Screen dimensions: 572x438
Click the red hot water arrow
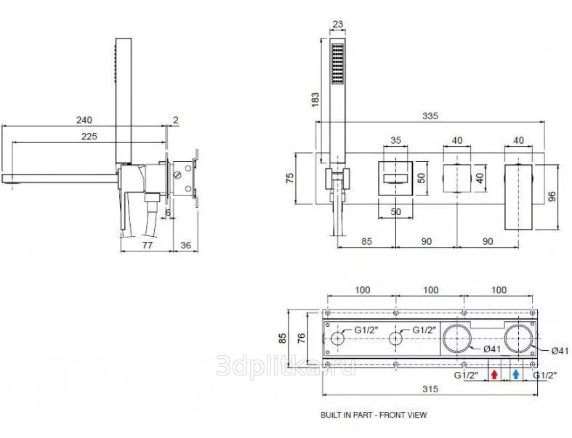(494, 375)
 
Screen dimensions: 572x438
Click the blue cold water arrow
(516, 375)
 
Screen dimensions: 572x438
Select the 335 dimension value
(430, 116)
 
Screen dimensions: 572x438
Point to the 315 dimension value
(430, 389)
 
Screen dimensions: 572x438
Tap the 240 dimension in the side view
(84, 120)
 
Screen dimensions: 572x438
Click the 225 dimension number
(89, 136)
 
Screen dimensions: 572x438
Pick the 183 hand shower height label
(315, 100)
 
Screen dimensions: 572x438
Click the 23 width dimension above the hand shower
(338, 25)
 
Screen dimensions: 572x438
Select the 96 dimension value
(552, 197)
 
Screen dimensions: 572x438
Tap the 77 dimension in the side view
(148, 245)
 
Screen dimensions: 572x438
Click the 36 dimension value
(185, 245)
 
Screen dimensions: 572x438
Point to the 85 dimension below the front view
(366, 241)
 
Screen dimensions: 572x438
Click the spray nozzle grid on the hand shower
(337, 65)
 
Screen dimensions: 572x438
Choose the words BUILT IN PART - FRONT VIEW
(374, 415)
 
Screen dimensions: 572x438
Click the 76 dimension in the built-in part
(302, 338)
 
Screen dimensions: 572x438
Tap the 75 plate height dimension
(290, 179)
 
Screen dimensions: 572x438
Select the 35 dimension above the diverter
(396, 140)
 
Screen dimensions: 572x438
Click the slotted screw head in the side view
(178, 175)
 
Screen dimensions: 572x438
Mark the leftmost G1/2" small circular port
(338, 338)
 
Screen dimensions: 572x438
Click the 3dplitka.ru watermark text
(286, 366)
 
